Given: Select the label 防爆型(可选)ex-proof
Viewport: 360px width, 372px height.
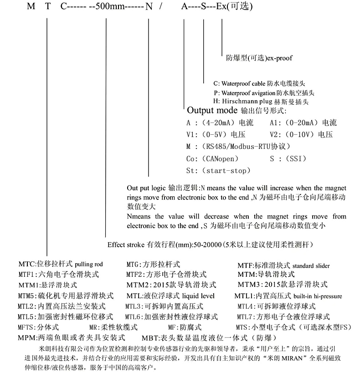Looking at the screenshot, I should (259, 58).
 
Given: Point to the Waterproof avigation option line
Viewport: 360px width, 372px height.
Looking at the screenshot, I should (264, 92).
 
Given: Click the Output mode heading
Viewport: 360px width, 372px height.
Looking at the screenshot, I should (212, 111).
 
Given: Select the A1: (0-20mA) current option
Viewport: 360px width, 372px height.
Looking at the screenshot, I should (303, 123).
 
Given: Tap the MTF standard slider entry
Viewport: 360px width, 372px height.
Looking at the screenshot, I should (283, 265).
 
